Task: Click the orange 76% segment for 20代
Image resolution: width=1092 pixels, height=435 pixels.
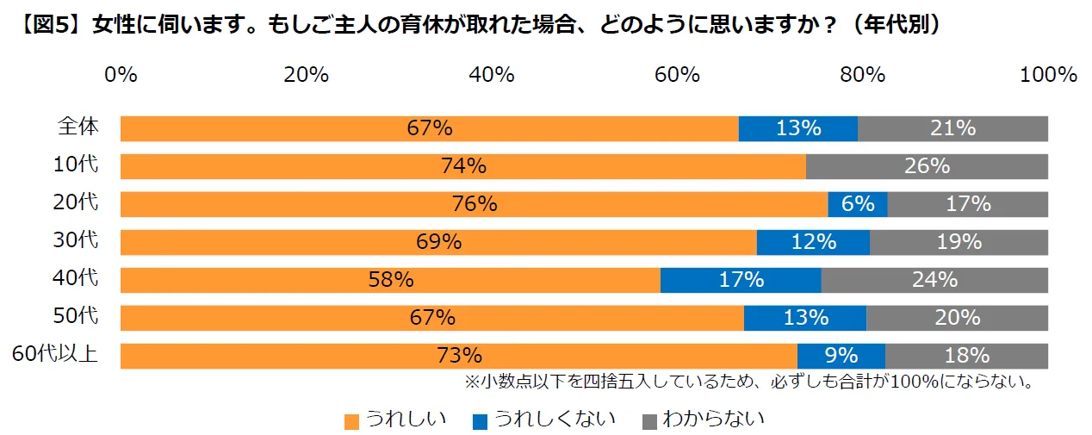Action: click(x=474, y=204)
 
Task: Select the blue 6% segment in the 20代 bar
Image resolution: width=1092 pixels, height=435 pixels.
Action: click(x=857, y=204)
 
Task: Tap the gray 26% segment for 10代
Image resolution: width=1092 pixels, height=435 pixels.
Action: click(x=927, y=166)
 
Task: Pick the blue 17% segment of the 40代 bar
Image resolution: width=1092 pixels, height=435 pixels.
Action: click(x=741, y=280)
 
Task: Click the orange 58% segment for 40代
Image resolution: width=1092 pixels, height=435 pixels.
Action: click(x=390, y=280)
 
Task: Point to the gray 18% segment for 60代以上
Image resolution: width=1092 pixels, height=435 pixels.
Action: click(x=966, y=356)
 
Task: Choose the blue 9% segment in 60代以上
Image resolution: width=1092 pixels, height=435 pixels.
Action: click(x=841, y=356)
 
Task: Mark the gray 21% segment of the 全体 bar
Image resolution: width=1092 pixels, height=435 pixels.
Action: click(x=952, y=128)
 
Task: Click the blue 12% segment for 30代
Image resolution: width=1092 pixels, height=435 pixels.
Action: click(x=813, y=242)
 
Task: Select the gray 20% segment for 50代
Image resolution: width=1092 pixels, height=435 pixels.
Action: click(x=957, y=318)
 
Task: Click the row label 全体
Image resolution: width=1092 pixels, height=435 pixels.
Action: click(x=78, y=127)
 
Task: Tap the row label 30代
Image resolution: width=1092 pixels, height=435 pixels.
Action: click(x=77, y=240)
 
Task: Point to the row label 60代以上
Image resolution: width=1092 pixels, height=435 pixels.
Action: click(x=53, y=354)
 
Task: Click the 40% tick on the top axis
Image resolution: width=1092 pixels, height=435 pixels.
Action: click(x=492, y=75)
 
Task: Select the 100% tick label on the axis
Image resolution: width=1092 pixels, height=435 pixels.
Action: click(x=1048, y=75)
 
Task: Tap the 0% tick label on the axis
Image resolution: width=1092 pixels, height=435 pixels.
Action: click(x=121, y=75)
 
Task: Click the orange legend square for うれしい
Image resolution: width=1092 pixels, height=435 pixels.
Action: click(x=351, y=421)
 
